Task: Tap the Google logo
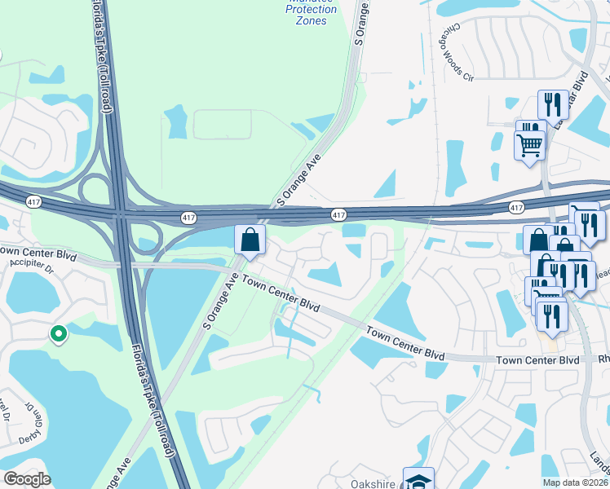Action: pos(28,479)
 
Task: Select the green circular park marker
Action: pos(58,333)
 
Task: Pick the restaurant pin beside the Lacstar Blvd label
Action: pos(553,105)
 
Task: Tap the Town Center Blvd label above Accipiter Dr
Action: pos(37,252)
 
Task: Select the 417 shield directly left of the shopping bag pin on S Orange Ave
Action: pos(189,218)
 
